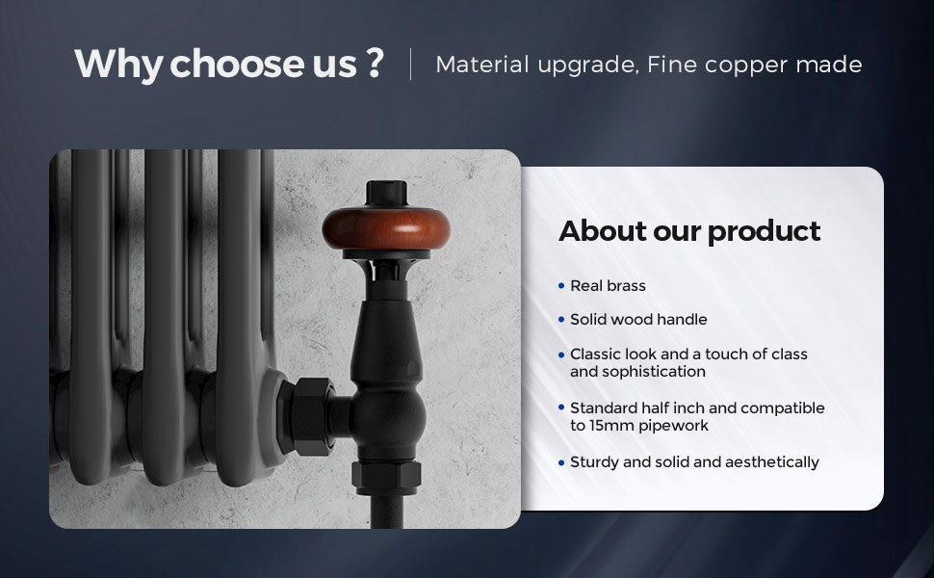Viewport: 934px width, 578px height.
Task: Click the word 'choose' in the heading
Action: coord(238,64)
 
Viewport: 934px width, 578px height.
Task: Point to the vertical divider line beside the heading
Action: coord(410,64)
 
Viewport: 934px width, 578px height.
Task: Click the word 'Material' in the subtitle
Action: coord(482,65)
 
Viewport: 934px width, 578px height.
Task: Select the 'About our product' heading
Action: coord(689,231)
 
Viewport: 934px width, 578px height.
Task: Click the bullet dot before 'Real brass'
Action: coord(561,286)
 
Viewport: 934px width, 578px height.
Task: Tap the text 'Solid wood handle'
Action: coord(638,320)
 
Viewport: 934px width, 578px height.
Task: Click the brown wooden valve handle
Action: coord(386,229)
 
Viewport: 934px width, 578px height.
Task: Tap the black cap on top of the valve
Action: coord(386,193)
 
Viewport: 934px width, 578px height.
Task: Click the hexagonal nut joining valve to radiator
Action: coord(305,416)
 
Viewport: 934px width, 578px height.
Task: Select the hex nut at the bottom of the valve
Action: coord(386,477)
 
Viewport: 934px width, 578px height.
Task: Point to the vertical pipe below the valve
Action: coord(386,512)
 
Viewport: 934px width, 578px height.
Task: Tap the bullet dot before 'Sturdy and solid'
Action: coord(561,463)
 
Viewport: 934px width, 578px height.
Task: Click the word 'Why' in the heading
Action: coord(118,64)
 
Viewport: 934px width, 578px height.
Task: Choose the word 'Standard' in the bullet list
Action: coord(603,408)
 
